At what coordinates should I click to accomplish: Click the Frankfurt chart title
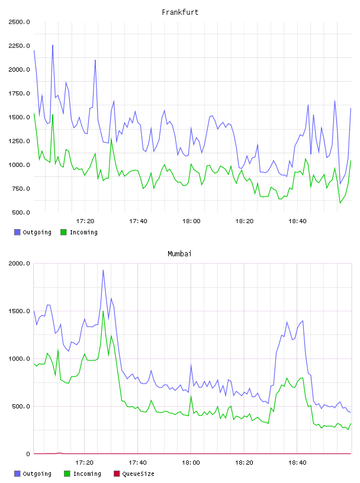point(180,12)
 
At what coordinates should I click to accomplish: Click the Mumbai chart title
point(179,254)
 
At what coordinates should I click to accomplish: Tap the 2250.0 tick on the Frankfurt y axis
point(19,46)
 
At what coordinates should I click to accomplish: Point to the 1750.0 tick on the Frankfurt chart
point(19,94)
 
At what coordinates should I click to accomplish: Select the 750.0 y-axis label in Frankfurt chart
point(21,189)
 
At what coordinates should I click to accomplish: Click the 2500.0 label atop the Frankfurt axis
point(19,22)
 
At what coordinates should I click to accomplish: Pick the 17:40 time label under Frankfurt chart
point(138,221)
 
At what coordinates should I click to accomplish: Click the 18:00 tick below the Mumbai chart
point(191,463)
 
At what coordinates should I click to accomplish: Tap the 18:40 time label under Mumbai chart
point(297,463)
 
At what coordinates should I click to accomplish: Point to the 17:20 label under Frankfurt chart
point(85,221)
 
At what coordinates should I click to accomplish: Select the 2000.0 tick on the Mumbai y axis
point(19,263)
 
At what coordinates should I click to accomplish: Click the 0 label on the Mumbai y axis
point(28,454)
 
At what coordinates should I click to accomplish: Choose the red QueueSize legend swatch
point(117,474)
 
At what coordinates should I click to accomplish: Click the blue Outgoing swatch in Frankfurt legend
point(17,232)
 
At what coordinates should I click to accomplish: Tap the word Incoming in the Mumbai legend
point(87,474)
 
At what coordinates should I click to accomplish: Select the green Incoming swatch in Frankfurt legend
point(63,232)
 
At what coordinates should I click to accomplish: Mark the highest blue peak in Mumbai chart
point(103,271)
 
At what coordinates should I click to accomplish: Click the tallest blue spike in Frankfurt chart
point(53,45)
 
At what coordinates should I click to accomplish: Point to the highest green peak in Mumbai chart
point(103,311)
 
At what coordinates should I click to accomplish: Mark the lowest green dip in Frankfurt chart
point(340,203)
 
